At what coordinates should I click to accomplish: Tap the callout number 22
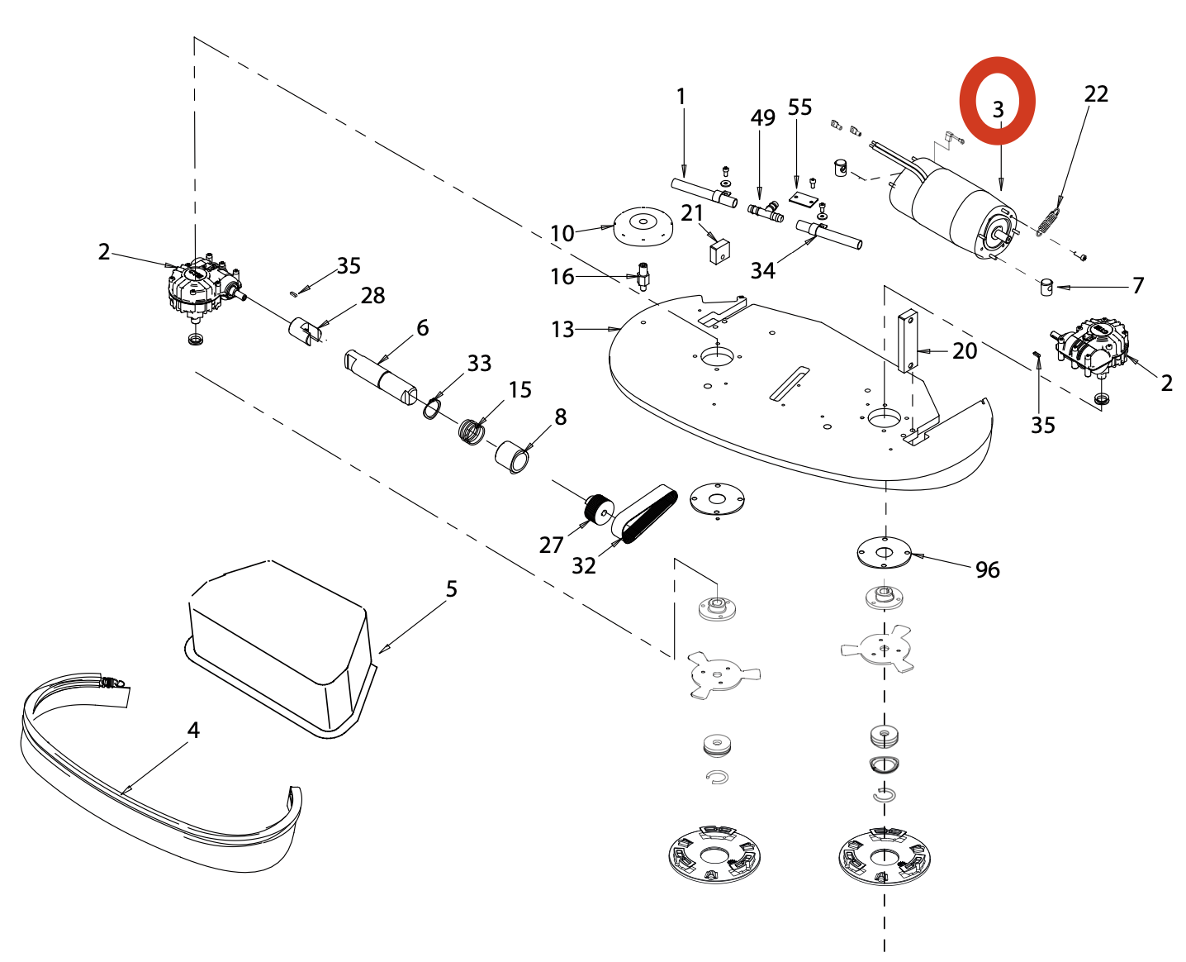point(1096,94)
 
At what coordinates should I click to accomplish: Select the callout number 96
point(987,569)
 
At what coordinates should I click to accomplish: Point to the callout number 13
point(562,330)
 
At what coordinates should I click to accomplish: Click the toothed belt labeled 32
point(648,512)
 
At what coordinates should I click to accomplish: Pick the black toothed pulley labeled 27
point(599,507)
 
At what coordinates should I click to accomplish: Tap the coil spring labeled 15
point(472,431)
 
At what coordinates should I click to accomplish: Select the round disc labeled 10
point(642,225)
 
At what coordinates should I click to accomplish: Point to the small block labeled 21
point(719,250)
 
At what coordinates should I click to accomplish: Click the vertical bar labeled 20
point(908,341)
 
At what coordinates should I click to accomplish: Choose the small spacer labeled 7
point(1046,287)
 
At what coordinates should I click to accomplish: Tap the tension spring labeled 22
point(1047,221)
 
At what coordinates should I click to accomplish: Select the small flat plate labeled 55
point(801,199)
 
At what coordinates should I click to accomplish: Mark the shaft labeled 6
point(380,377)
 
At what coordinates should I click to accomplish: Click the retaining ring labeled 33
point(431,407)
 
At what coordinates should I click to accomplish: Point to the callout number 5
point(451,588)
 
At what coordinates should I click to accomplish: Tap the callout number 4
point(193,730)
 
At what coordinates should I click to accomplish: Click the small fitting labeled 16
point(642,274)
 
